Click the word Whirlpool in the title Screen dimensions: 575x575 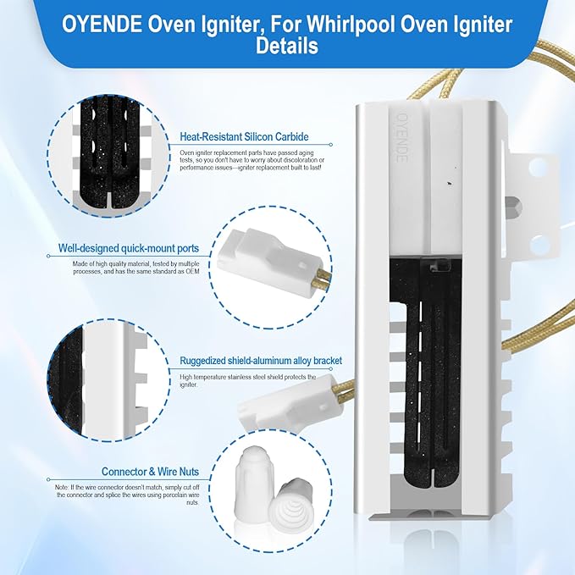coord(351,25)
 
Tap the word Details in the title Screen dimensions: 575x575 coord(287,47)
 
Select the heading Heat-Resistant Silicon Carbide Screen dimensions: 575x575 coord(244,137)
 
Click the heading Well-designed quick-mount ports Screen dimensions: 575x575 coord(129,248)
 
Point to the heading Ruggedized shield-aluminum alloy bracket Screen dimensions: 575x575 coord(261,361)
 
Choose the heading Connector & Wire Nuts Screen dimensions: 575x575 coord(150,472)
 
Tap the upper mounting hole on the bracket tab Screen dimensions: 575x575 coord(539,167)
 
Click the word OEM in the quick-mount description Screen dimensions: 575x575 coord(192,272)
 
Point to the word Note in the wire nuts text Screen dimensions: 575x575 coord(61,488)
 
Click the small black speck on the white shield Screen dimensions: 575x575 coord(451,183)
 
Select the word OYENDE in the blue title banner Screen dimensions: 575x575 coord(102,25)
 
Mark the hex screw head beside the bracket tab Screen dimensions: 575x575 coord(513,207)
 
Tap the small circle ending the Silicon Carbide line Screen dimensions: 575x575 coord(330,145)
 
